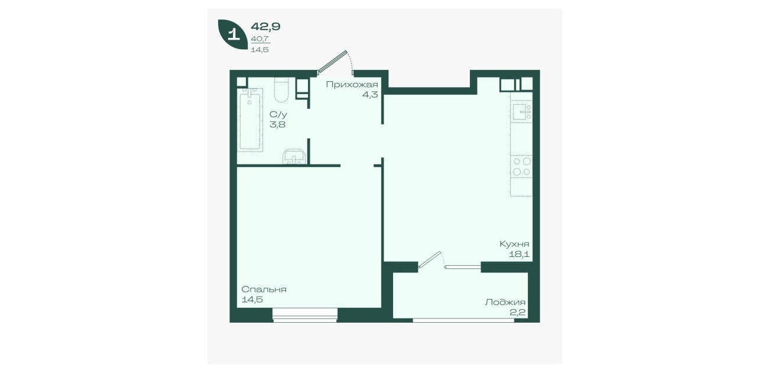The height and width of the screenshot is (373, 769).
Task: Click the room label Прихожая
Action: [x=352, y=85]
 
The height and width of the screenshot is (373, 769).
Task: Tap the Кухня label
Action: [x=514, y=244]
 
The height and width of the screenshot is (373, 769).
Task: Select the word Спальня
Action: [x=264, y=290]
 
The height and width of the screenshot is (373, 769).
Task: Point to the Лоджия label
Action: [x=505, y=303]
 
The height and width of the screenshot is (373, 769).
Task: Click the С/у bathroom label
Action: [x=278, y=114]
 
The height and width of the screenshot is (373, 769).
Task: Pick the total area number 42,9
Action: [x=265, y=27]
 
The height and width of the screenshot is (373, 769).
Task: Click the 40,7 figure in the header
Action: [x=260, y=39]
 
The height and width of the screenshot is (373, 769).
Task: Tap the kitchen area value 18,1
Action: [x=519, y=255]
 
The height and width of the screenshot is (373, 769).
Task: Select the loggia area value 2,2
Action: [x=518, y=313]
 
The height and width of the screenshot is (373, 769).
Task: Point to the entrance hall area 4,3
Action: [x=370, y=95]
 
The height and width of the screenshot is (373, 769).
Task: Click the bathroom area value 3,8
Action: [x=277, y=124]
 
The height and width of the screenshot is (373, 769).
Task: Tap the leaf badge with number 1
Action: [x=233, y=34]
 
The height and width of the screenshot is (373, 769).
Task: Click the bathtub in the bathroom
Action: [x=250, y=120]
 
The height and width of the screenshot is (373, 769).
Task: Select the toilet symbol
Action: [x=281, y=90]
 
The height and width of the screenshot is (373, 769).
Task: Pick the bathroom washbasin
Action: [x=294, y=157]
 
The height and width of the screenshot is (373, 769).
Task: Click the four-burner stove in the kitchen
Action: [x=521, y=166]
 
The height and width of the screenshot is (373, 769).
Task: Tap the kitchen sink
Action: [x=521, y=112]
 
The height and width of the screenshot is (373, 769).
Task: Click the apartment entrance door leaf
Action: [x=332, y=62]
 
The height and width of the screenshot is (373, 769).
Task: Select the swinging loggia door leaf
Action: [x=429, y=259]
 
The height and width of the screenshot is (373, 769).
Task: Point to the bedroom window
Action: [x=305, y=315]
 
